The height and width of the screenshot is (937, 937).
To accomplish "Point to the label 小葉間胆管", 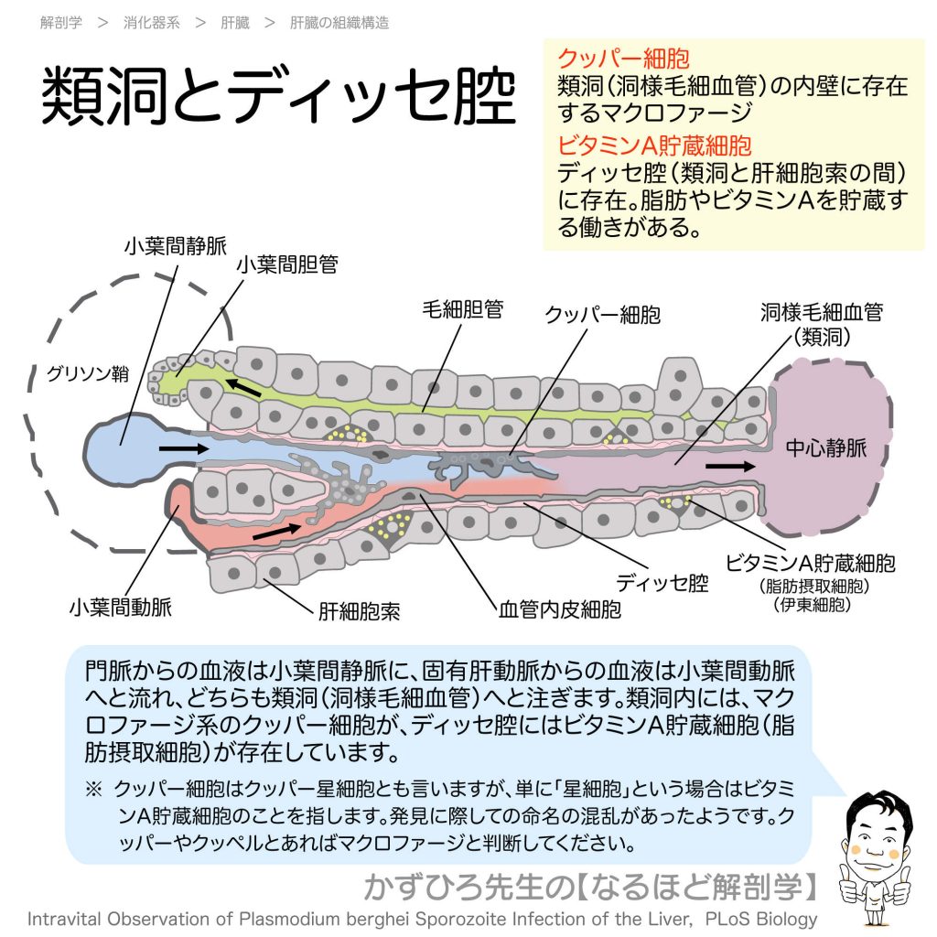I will pos(287,264).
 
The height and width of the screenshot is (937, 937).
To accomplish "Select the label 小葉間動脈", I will pos(120,606).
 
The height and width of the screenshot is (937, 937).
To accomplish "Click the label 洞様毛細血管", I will pos(822,312).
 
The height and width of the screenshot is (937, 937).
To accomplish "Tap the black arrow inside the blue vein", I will pos(182,449).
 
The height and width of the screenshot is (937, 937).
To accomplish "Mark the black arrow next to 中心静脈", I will pos(731,466).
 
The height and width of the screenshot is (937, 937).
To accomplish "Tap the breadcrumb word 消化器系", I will pos(152,23).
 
